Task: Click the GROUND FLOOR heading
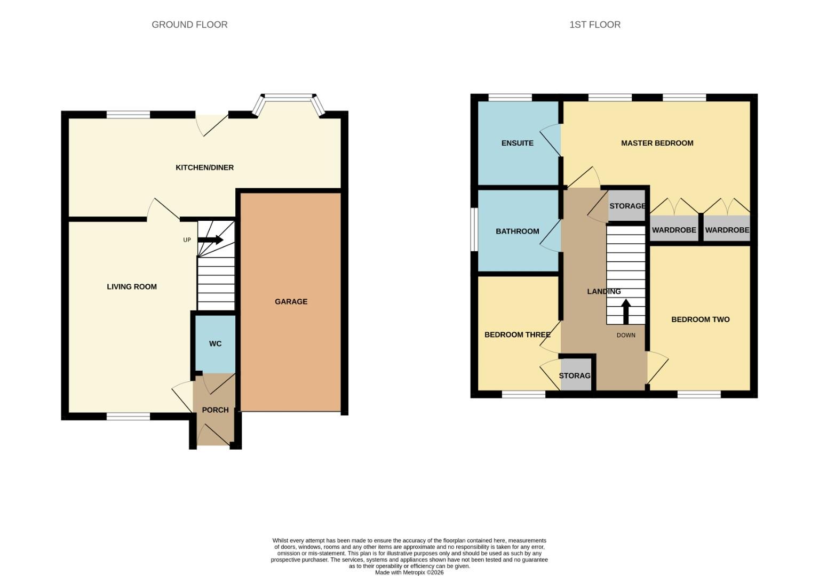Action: coord(189,25)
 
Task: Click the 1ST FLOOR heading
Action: coord(594,25)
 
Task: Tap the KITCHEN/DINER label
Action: coord(204,167)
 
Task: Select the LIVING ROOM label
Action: coord(132,287)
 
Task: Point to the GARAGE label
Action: coord(291,302)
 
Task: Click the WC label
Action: coord(215,344)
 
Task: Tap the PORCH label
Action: coord(215,410)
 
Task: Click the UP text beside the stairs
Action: coord(187,240)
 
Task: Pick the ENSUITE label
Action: coord(517,143)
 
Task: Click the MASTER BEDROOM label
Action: coord(657,143)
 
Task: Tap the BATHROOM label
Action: coord(517,231)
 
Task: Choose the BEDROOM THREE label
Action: coord(517,335)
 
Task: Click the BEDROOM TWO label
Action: coord(700,319)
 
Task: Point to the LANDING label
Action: coord(603,292)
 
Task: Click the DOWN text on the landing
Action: coord(626,335)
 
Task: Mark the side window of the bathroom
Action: coord(474,229)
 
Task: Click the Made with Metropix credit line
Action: coord(409,573)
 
